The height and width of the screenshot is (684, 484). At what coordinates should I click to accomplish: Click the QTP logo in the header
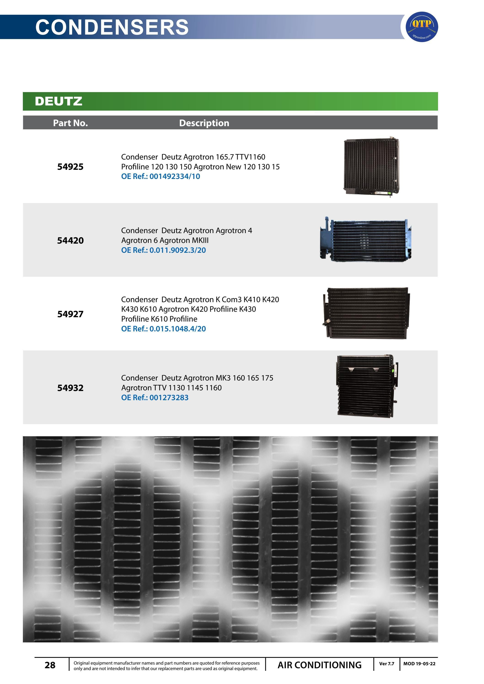pos(422,27)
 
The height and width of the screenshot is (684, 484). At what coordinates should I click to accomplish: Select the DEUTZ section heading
pos(59,101)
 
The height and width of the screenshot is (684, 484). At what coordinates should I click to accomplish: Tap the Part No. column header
pos(70,123)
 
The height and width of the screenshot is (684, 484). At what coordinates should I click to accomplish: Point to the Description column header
pos(204,123)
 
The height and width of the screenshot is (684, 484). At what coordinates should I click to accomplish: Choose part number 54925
pos(70,167)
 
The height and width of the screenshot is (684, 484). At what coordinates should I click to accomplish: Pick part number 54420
pos(70,240)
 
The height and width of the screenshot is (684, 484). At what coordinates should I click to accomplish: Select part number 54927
pos(70,314)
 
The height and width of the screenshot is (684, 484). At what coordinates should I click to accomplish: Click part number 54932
pos(70,388)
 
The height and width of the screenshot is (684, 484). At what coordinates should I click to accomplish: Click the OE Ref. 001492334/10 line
pos(161,176)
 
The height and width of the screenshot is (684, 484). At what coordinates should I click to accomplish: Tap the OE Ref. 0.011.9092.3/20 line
pos(163,250)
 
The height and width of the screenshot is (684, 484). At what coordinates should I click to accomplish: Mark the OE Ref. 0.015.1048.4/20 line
pos(163,329)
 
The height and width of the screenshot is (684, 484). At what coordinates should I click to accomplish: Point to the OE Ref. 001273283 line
pos(155,398)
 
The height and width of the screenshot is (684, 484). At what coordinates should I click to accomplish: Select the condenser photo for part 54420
pos(366,240)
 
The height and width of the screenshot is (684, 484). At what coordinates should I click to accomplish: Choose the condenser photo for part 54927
pos(366,313)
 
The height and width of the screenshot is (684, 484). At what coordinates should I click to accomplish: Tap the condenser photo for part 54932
pos(367,386)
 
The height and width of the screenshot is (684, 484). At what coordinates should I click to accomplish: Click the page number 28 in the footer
pos(50,665)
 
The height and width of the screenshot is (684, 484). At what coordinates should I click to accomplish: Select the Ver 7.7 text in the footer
pos(387,664)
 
